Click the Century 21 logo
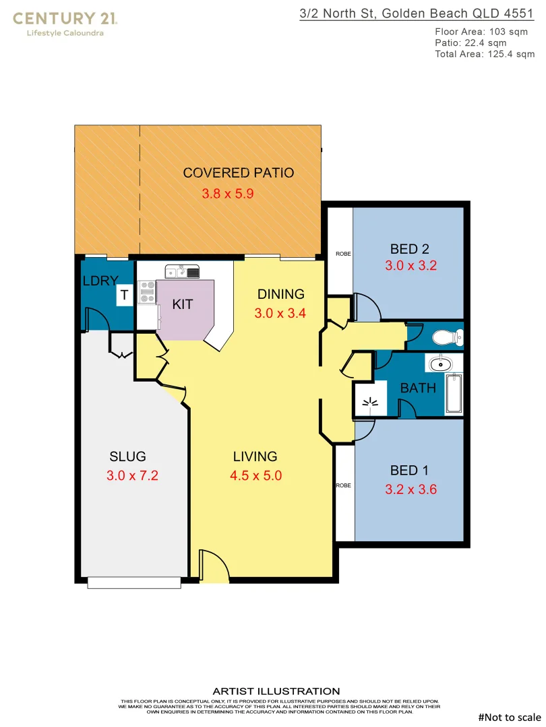[x=65, y=22]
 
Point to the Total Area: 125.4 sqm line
[x=485, y=54]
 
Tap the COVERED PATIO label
[x=239, y=173]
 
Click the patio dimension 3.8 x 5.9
[x=228, y=194]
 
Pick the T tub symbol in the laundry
[x=124, y=295]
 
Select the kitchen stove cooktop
[x=147, y=291]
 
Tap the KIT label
[x=182, y=304]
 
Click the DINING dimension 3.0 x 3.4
[x=280, y=313]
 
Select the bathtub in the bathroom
[x=454, y=394]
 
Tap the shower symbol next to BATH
[x=370, y=402]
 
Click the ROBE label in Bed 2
[x=342, y=254]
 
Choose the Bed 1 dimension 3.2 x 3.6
[x=411, y=489]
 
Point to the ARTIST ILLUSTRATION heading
[x=276, y=691]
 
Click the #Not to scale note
[x=510, y=718]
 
